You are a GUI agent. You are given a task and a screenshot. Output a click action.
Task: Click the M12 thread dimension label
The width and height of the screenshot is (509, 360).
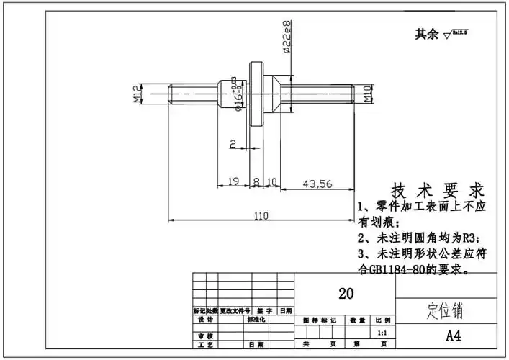click(x=138, y=93)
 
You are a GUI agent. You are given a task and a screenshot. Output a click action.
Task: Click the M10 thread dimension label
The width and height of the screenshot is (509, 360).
click(x=366, y=93)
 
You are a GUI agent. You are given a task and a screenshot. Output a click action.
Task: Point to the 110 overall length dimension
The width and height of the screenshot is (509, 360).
click(x=260, y=215)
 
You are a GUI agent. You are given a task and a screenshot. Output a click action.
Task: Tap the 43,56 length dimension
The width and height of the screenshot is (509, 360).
click(x=317, y=184)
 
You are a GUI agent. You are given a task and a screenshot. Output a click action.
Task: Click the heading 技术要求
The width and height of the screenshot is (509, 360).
click(x=436, y=191)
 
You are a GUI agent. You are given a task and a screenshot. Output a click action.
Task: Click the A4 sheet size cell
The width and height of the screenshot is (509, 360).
click(x=453, y=336)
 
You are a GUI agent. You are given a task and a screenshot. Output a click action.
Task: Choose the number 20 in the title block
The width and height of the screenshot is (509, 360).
click(x=346, y=293)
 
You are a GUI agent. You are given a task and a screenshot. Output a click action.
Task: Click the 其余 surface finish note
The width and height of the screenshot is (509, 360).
click(x=427, y=34)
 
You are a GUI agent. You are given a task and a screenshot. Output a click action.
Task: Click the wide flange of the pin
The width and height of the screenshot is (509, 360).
click(x=255, y=94)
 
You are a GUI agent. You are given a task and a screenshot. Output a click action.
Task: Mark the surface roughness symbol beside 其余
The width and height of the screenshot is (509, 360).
click(x=456, y=33)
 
